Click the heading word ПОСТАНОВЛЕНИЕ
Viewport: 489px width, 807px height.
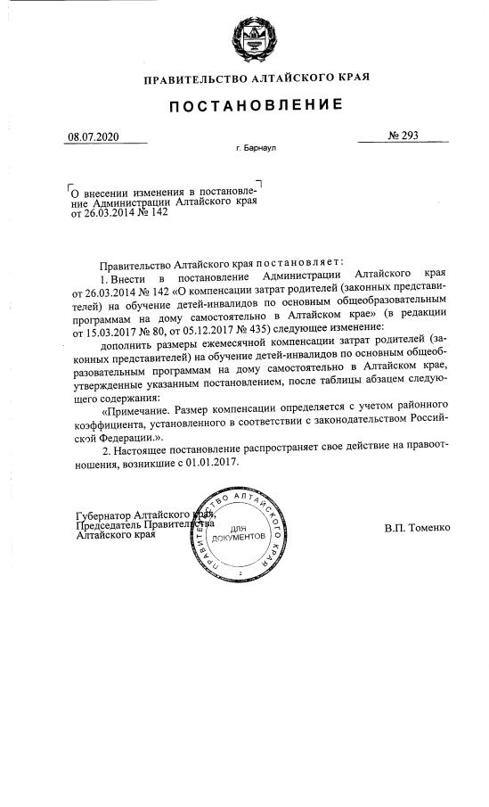[257, 105]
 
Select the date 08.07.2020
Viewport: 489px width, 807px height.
[92, 137]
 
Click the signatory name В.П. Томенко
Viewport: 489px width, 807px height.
[418, 527]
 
